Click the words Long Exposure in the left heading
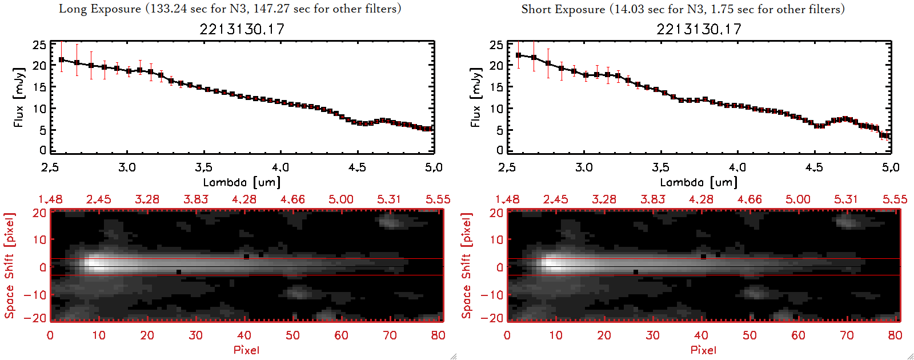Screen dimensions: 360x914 click(100, 9)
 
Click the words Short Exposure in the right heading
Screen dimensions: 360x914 click(563, 9)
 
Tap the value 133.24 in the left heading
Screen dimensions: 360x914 click(167, 9)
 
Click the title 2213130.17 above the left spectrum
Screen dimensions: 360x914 click(242, 29)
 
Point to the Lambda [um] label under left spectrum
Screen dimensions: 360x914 click(242, 182)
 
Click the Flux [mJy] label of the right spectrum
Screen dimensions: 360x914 click(475, 97)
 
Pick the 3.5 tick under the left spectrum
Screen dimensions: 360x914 click(204, 167)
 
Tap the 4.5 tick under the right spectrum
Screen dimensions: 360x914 click(814, 167)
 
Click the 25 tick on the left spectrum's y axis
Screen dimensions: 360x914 click(39, 45)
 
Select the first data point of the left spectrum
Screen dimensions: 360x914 click(62, 59)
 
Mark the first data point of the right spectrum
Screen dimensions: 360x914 click(519, 55)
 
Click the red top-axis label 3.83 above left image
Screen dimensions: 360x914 click(196, 199)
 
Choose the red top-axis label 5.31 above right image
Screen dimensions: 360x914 click(846, 199)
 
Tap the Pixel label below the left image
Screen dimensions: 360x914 click(246, 350)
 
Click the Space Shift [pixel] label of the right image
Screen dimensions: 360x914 click(467, 266)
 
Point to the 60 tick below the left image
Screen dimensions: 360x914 click(341, 335)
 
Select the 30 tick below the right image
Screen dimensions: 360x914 click(653, 335)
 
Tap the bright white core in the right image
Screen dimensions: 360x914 click(553, 264)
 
